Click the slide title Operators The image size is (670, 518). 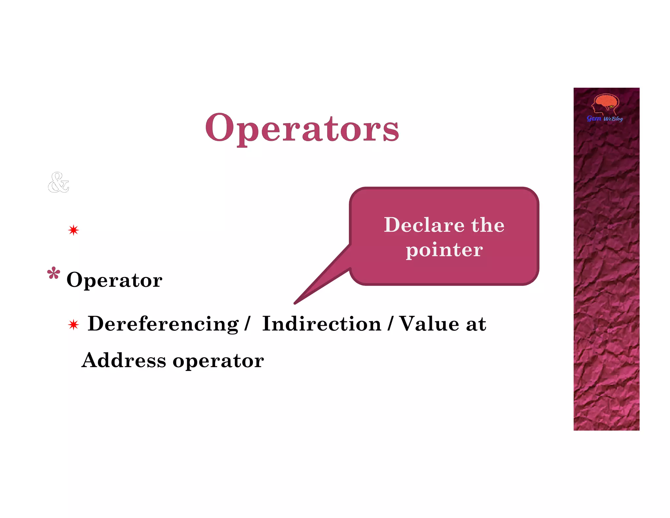(x=302, y=128)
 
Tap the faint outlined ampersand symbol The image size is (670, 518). (x=58, y=182)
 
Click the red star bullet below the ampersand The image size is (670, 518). (x=74, y=230)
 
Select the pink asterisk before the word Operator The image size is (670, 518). (x=54, y=273)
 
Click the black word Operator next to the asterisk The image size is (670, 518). (x=114, y=280)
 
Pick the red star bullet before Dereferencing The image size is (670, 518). (x=74, y=325)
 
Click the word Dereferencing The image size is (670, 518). (x=163, y=324)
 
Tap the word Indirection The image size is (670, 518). (x=322, y=324)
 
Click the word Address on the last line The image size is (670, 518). (x=124, y=361)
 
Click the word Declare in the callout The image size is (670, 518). (x=424, y=225)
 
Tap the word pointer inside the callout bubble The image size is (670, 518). (x=444, y=250)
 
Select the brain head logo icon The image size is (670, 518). (x=606, y=104)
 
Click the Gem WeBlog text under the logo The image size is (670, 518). (x=605, y=119)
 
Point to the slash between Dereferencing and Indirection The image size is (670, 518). (x=247, y=324)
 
